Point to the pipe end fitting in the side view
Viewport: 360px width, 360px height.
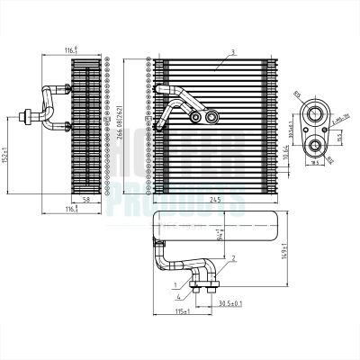pos(31,114)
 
